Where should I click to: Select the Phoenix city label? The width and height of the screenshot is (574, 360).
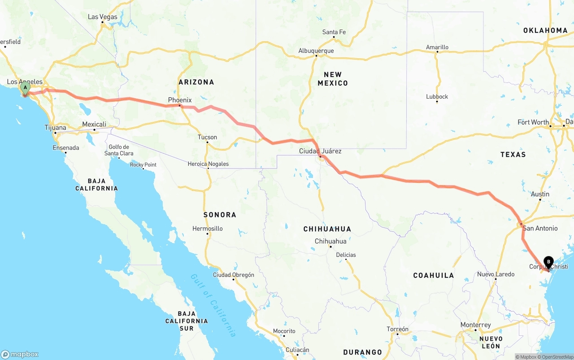tap(180, 100)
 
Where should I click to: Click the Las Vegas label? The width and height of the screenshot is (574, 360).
tap(102, 17)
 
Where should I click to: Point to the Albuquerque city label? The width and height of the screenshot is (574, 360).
tap(316, 51)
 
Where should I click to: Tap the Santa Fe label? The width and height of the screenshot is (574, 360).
tap(334, 32)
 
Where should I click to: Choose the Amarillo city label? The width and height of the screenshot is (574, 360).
tap(437, 47)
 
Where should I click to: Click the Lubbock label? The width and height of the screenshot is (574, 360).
tap(437, 96)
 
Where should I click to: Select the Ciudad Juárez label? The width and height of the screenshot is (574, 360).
tap(320, 151)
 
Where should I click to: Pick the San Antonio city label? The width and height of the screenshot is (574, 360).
tap(540, 228)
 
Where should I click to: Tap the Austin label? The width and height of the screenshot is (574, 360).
tap(540, 194)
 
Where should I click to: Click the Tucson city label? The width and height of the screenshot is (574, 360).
tap(207, 137)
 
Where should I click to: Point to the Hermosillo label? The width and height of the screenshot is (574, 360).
tap(208, 229)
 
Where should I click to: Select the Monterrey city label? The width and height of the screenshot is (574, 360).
tap(476, 325)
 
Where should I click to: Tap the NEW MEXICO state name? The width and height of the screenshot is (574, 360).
tap(333, 79)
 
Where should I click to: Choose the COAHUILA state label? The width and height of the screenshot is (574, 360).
tap(434, 275)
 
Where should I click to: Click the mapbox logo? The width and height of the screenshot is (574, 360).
tap(20, 354)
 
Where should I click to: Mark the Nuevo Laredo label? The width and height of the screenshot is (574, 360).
tap(496, 274)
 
